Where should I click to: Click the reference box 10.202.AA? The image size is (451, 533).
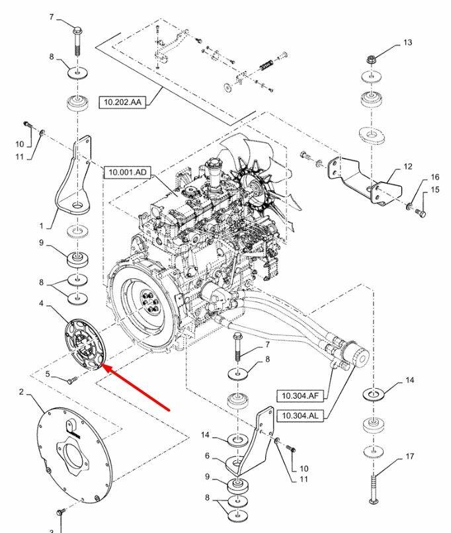(x=122, y=102)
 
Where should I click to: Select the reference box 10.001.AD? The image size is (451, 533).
(x=128, y=173)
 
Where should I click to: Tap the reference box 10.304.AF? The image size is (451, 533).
(x=300, y=396)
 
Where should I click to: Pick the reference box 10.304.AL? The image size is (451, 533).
(x=300, y=415)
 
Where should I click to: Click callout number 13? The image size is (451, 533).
(x=407, y=43)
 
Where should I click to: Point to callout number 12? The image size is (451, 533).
(x=407, y=167)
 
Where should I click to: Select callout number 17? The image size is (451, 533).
(x=410, y=456)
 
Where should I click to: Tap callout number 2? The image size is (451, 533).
(x=22, y=392)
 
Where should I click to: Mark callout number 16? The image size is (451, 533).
(x=434, y=177)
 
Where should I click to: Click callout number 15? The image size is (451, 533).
(x=434, y=190)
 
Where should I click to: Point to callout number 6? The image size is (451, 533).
(x=207, y=456)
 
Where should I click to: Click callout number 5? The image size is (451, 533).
(x=48, y=375)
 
